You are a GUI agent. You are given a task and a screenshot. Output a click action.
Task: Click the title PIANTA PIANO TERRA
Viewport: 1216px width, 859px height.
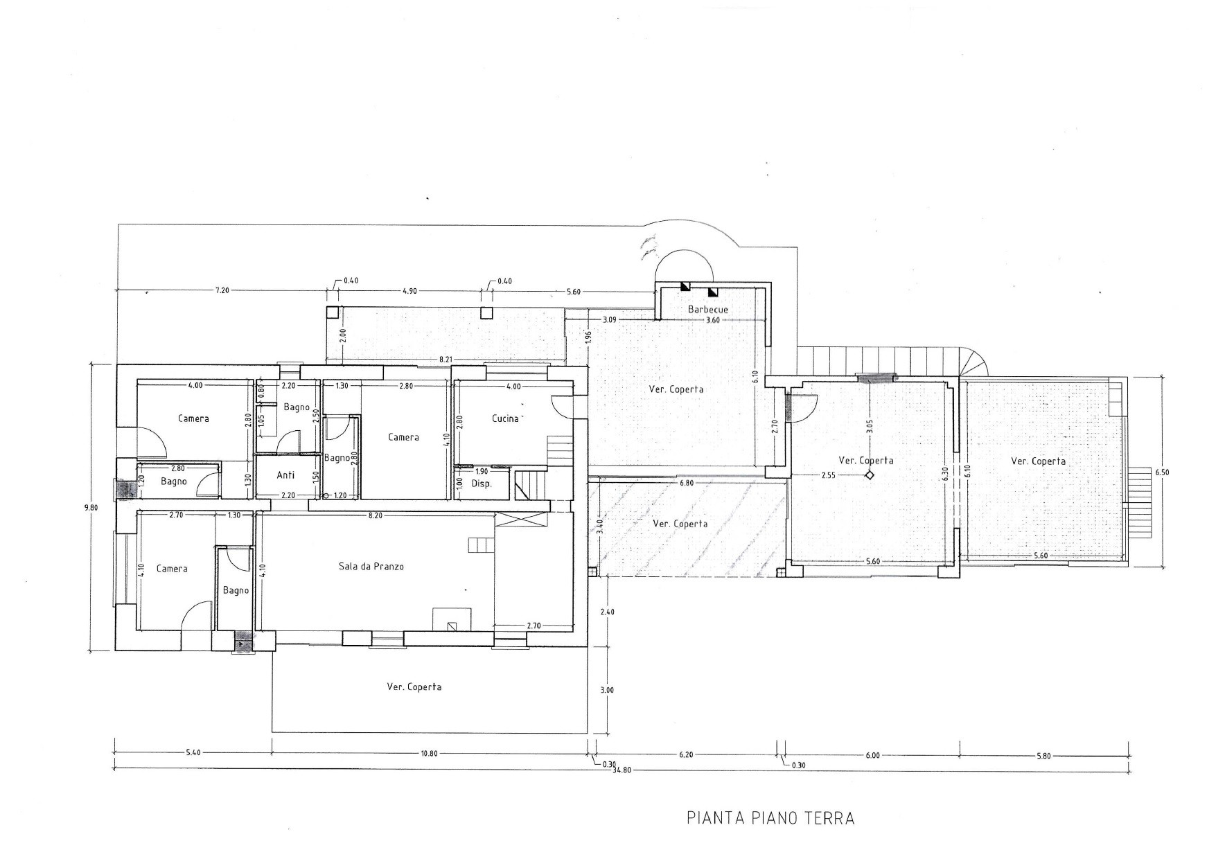(x=770, y=818)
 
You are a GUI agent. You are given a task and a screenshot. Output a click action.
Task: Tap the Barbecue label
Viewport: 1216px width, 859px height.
(x=708, y=309)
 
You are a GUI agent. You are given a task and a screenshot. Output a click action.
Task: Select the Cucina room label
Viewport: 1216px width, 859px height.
(x=505, y=418)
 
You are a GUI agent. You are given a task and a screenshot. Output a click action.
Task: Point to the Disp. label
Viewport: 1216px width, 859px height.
(x=481, y=484)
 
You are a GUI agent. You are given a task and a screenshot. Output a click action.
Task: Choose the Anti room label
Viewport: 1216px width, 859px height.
(x=285, y=475)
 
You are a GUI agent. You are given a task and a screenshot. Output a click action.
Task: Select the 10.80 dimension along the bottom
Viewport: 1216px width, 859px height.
(x=430, y=754)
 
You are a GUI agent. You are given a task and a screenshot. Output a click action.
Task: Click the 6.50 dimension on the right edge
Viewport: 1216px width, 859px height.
(x=1161, y=472)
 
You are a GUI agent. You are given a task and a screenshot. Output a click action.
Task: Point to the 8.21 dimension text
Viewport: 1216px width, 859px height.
(x=446, y=360)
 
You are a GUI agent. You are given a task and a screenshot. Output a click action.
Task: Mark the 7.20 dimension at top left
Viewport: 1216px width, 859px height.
(x=222, y=291)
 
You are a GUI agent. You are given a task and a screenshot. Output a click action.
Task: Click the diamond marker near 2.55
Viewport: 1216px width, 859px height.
(x=869, y=475)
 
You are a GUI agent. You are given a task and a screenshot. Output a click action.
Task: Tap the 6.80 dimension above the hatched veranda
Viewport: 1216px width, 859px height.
(x=687, y=483)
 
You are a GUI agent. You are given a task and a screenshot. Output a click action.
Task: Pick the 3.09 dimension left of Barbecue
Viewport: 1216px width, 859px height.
(x=610, y=319)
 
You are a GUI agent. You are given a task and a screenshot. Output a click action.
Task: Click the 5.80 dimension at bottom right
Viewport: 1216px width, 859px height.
(x=1043, y=756)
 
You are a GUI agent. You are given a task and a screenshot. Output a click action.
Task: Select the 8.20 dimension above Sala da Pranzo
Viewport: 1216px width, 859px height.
(x=375, y=515)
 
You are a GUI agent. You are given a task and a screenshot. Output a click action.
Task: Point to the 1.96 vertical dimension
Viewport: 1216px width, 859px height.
(x=588, y=337)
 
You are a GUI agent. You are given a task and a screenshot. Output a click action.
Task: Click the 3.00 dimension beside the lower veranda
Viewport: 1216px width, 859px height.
(x=608, y=690)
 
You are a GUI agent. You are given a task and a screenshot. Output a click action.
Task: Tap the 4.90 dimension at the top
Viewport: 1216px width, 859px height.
(x=409, y=291)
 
